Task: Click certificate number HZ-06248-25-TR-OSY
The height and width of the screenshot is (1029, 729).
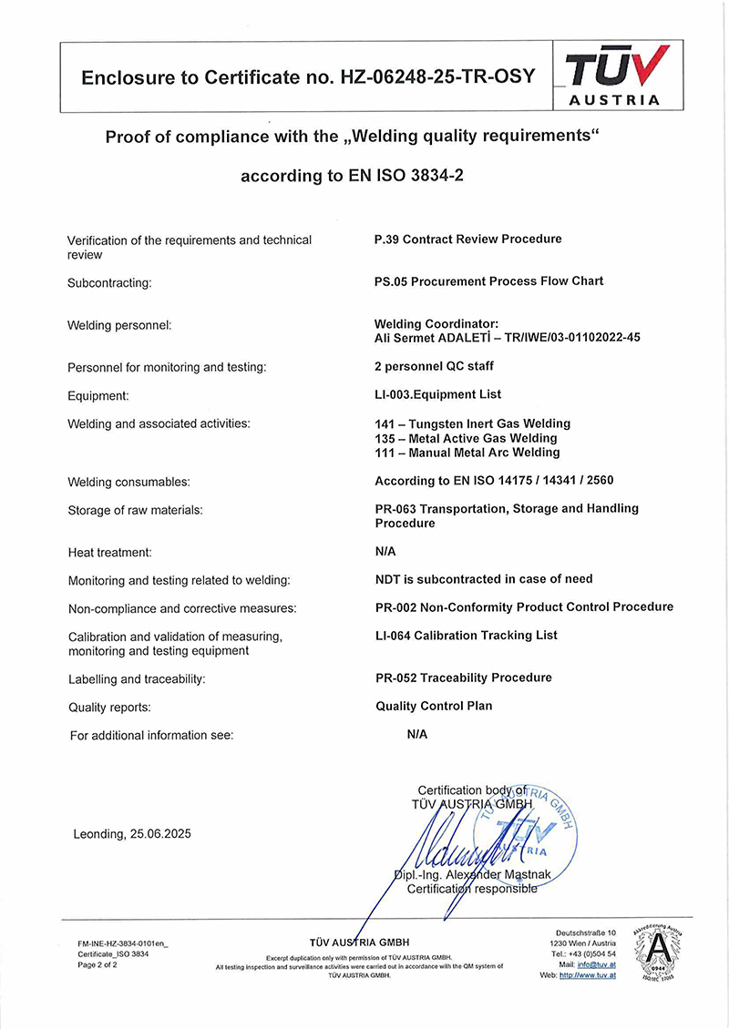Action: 437,77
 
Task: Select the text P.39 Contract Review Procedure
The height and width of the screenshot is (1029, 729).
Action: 468,239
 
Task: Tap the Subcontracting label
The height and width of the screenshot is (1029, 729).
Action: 109,283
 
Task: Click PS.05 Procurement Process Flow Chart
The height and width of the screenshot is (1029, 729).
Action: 488,281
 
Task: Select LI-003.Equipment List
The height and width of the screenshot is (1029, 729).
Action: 438,394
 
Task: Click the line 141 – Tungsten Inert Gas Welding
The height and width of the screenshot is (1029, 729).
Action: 472,423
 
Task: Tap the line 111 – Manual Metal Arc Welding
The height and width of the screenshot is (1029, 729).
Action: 467,453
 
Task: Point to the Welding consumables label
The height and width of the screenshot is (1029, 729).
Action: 129,482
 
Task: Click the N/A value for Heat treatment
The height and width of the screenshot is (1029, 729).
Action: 385,552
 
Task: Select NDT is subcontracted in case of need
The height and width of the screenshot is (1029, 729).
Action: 484,579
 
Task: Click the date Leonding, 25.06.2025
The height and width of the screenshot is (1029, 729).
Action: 132,834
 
